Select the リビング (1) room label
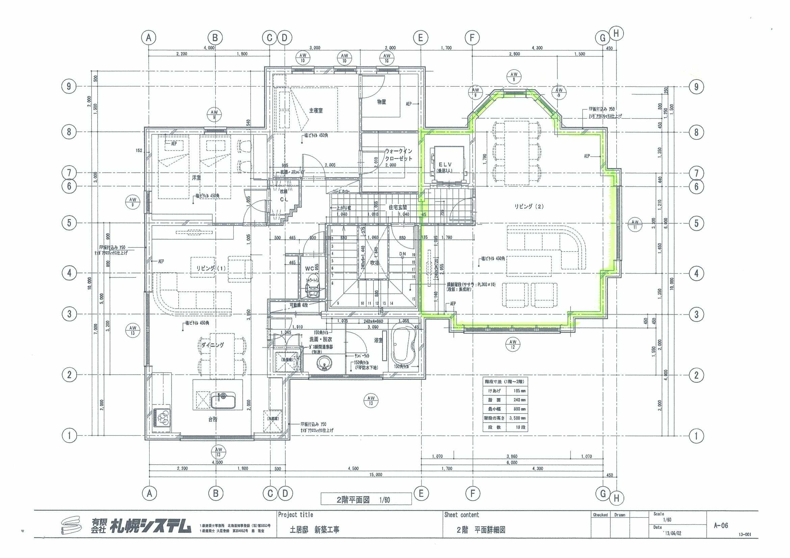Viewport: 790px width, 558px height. click(211, 268)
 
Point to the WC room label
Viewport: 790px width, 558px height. click(309, 268)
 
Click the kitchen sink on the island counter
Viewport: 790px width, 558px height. click(223, 401)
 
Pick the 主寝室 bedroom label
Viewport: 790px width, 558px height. click(316, 110)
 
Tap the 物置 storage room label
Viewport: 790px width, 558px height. click(381, 102)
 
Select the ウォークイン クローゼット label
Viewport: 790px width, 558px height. click(398, 155)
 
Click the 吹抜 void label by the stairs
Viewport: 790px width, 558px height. click(374, 263)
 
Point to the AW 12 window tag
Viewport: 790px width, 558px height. click(513, 344)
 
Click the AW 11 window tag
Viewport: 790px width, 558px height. click(635, 224)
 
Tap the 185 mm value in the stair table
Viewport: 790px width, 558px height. click(516, 391)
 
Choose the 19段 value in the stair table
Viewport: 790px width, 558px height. click(516, 427)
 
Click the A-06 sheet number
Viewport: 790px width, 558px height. click(721, 525)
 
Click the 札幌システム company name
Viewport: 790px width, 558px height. click(150, 526)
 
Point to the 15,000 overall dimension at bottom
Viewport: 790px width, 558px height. click(375, 474)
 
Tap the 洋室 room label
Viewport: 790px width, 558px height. click(196, 178)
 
